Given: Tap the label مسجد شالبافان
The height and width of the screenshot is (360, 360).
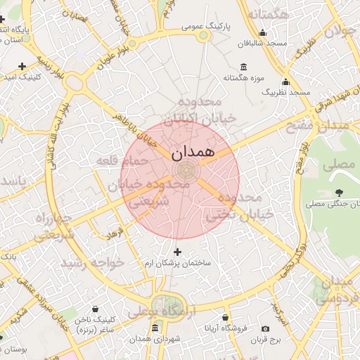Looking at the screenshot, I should click(262, 44).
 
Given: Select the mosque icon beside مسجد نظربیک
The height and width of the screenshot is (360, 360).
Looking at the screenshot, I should click(285, 82).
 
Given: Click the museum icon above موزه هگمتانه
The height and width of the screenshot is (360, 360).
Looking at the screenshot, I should click(243, 66).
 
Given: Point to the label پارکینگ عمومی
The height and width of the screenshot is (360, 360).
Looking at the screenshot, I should click(202, 26).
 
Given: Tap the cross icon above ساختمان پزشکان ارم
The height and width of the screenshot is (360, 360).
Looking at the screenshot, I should click(176, 252).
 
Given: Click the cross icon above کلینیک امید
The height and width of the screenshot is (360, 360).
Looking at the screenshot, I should click(22, 66).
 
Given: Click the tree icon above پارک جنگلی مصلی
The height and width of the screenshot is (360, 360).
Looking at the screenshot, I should click(340, 192).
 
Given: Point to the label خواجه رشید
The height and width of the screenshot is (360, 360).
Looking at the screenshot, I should click(92, 262).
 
